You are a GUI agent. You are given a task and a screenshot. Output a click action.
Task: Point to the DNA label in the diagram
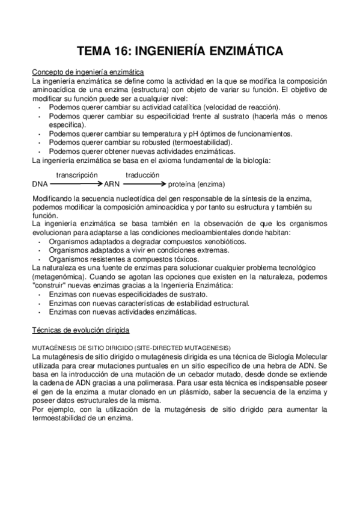click(39, 184)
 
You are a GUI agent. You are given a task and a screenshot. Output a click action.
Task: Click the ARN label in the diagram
click(112, 184)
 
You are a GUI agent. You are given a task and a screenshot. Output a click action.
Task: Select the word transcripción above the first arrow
click(76, 174)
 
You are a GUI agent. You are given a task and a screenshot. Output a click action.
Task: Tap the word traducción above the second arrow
click(142, 174)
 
